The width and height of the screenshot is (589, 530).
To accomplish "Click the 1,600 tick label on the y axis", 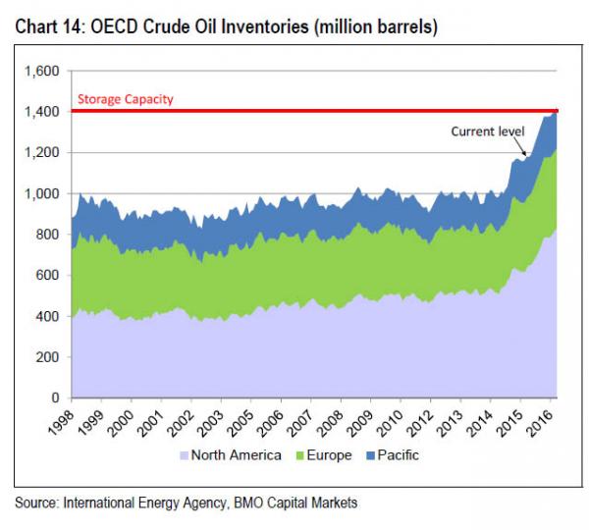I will tap(42, 71).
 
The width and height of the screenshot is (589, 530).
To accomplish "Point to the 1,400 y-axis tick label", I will tap(42, 112).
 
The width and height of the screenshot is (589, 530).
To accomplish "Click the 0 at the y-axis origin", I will tap(55, 398).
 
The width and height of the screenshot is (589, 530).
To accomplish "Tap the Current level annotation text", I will tap(488, 131).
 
